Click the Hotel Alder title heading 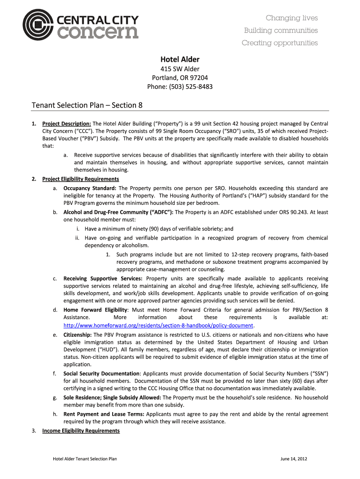tap(180, 59)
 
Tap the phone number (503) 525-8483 tap(180, 86)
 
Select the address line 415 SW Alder tap(180, 69)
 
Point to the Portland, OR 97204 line tap(180, 78)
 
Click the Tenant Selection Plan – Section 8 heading tap(86, 105)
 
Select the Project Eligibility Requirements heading tap(80, 179)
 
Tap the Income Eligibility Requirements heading tap(81, 431)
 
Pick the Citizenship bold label tap(78, 335)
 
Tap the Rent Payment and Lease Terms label tap(104, 414)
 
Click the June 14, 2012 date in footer tap(293, 459)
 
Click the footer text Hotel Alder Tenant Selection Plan tap(85, 459)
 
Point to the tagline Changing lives tap(292, 18)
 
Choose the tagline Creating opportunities tap(280, 43)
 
